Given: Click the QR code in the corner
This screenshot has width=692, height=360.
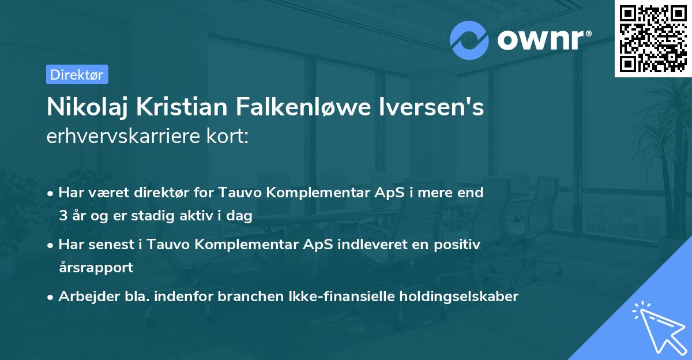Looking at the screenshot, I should point(653,39).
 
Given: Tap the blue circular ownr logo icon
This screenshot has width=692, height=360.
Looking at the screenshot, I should point(469,40).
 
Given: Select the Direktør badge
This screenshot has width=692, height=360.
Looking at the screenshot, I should point(77,74).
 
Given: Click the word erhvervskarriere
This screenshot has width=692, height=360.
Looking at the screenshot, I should point(123,137).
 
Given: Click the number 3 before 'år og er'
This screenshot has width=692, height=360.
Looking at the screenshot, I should point(62,216).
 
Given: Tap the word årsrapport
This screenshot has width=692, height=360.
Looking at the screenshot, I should point(96,267).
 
